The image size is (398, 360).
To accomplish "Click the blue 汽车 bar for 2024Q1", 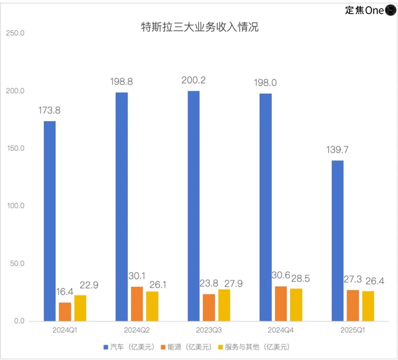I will [50, 221].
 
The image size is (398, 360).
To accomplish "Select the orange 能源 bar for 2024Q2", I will [137, 304].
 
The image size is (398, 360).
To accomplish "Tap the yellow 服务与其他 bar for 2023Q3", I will [224, 305].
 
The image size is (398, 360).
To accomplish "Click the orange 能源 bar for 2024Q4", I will [281, 304].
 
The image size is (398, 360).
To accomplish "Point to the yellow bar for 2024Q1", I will [80, 308].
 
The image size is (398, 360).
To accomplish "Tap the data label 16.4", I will [65, 292].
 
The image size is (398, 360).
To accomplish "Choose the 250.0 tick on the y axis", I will [15, 33].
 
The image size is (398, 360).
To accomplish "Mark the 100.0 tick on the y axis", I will [15, 206].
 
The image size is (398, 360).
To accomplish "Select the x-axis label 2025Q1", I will [353, 330].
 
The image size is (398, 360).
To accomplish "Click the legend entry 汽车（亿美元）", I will [128, 347].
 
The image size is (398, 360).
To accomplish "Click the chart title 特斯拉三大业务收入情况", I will [200, 28].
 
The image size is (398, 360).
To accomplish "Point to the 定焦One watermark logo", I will [370, 10].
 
